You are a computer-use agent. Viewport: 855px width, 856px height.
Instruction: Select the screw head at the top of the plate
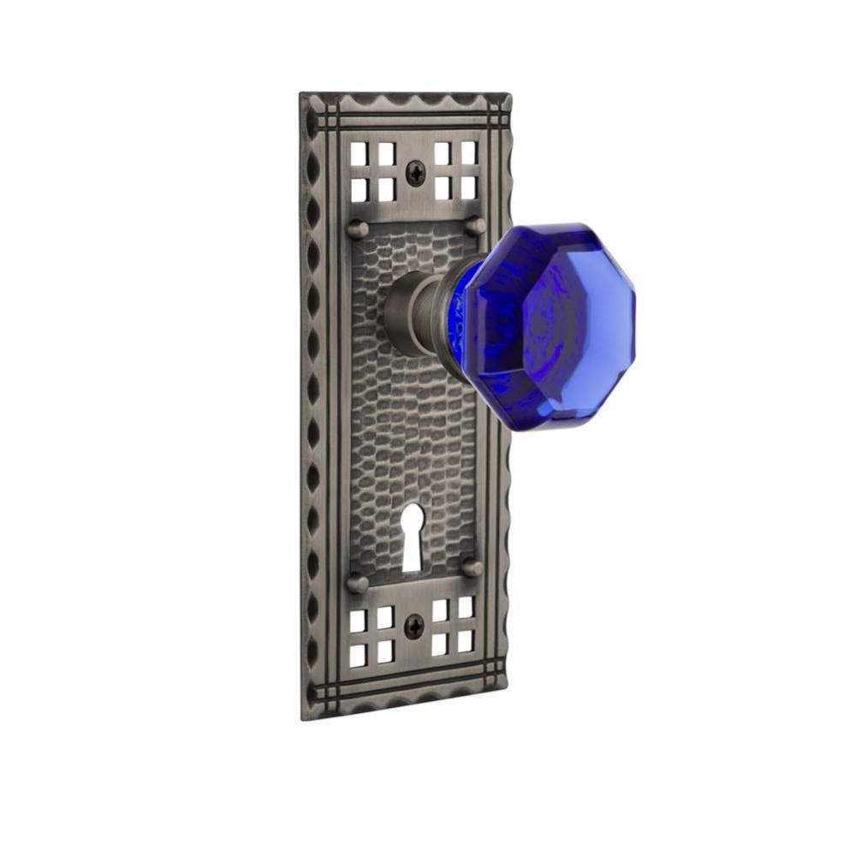click(x=414, y=175)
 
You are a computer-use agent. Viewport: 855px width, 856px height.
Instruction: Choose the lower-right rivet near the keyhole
click(x=471, y=567)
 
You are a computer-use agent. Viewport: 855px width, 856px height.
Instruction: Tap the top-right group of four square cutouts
click(x=455, y=169)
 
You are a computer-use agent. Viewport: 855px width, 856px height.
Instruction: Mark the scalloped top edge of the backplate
click(x=407, y=101)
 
